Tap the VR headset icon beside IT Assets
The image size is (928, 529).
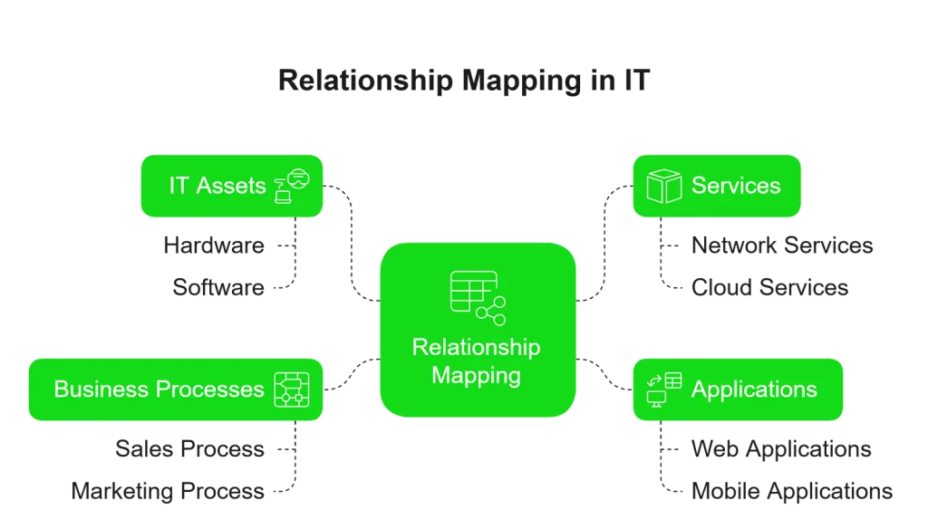pyautogui.click(x=298, y=178)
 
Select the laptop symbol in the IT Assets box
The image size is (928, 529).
pyautogui.click(x=283, y=192)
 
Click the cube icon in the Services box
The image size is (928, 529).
pyautogui.click(x=663, y=186)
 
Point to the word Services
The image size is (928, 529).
pyautogui.click(x=735, y=186)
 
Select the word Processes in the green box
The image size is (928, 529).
pyautogui.click(x=210, y=390)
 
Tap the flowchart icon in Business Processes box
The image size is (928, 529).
pyautogui.click(x=292, y=390)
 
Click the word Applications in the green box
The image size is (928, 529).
pyautogui.click(x=753, y=390)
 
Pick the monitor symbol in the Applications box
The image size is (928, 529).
pyautogui.click(x=656, y=399)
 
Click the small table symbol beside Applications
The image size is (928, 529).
pyautogui.click(x=673, y=380)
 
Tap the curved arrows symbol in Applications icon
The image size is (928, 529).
pyautogui.click(x=654, y=380)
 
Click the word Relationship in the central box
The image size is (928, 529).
pyautogui.click(x=476, y=348)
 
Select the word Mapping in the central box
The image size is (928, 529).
pyautogui.click(x=476, y=374)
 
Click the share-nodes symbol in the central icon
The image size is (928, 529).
pyautogui.click(x=492, y=311)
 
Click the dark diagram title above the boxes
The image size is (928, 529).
pyautogui.click(x=463, y=82)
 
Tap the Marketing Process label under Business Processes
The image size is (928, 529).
pyautogui.click(x=167, y=491)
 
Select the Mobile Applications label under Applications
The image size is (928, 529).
pyautogui.click(x=793, y=491)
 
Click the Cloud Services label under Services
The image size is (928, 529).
pyautogui.click(x=770, y=288)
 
